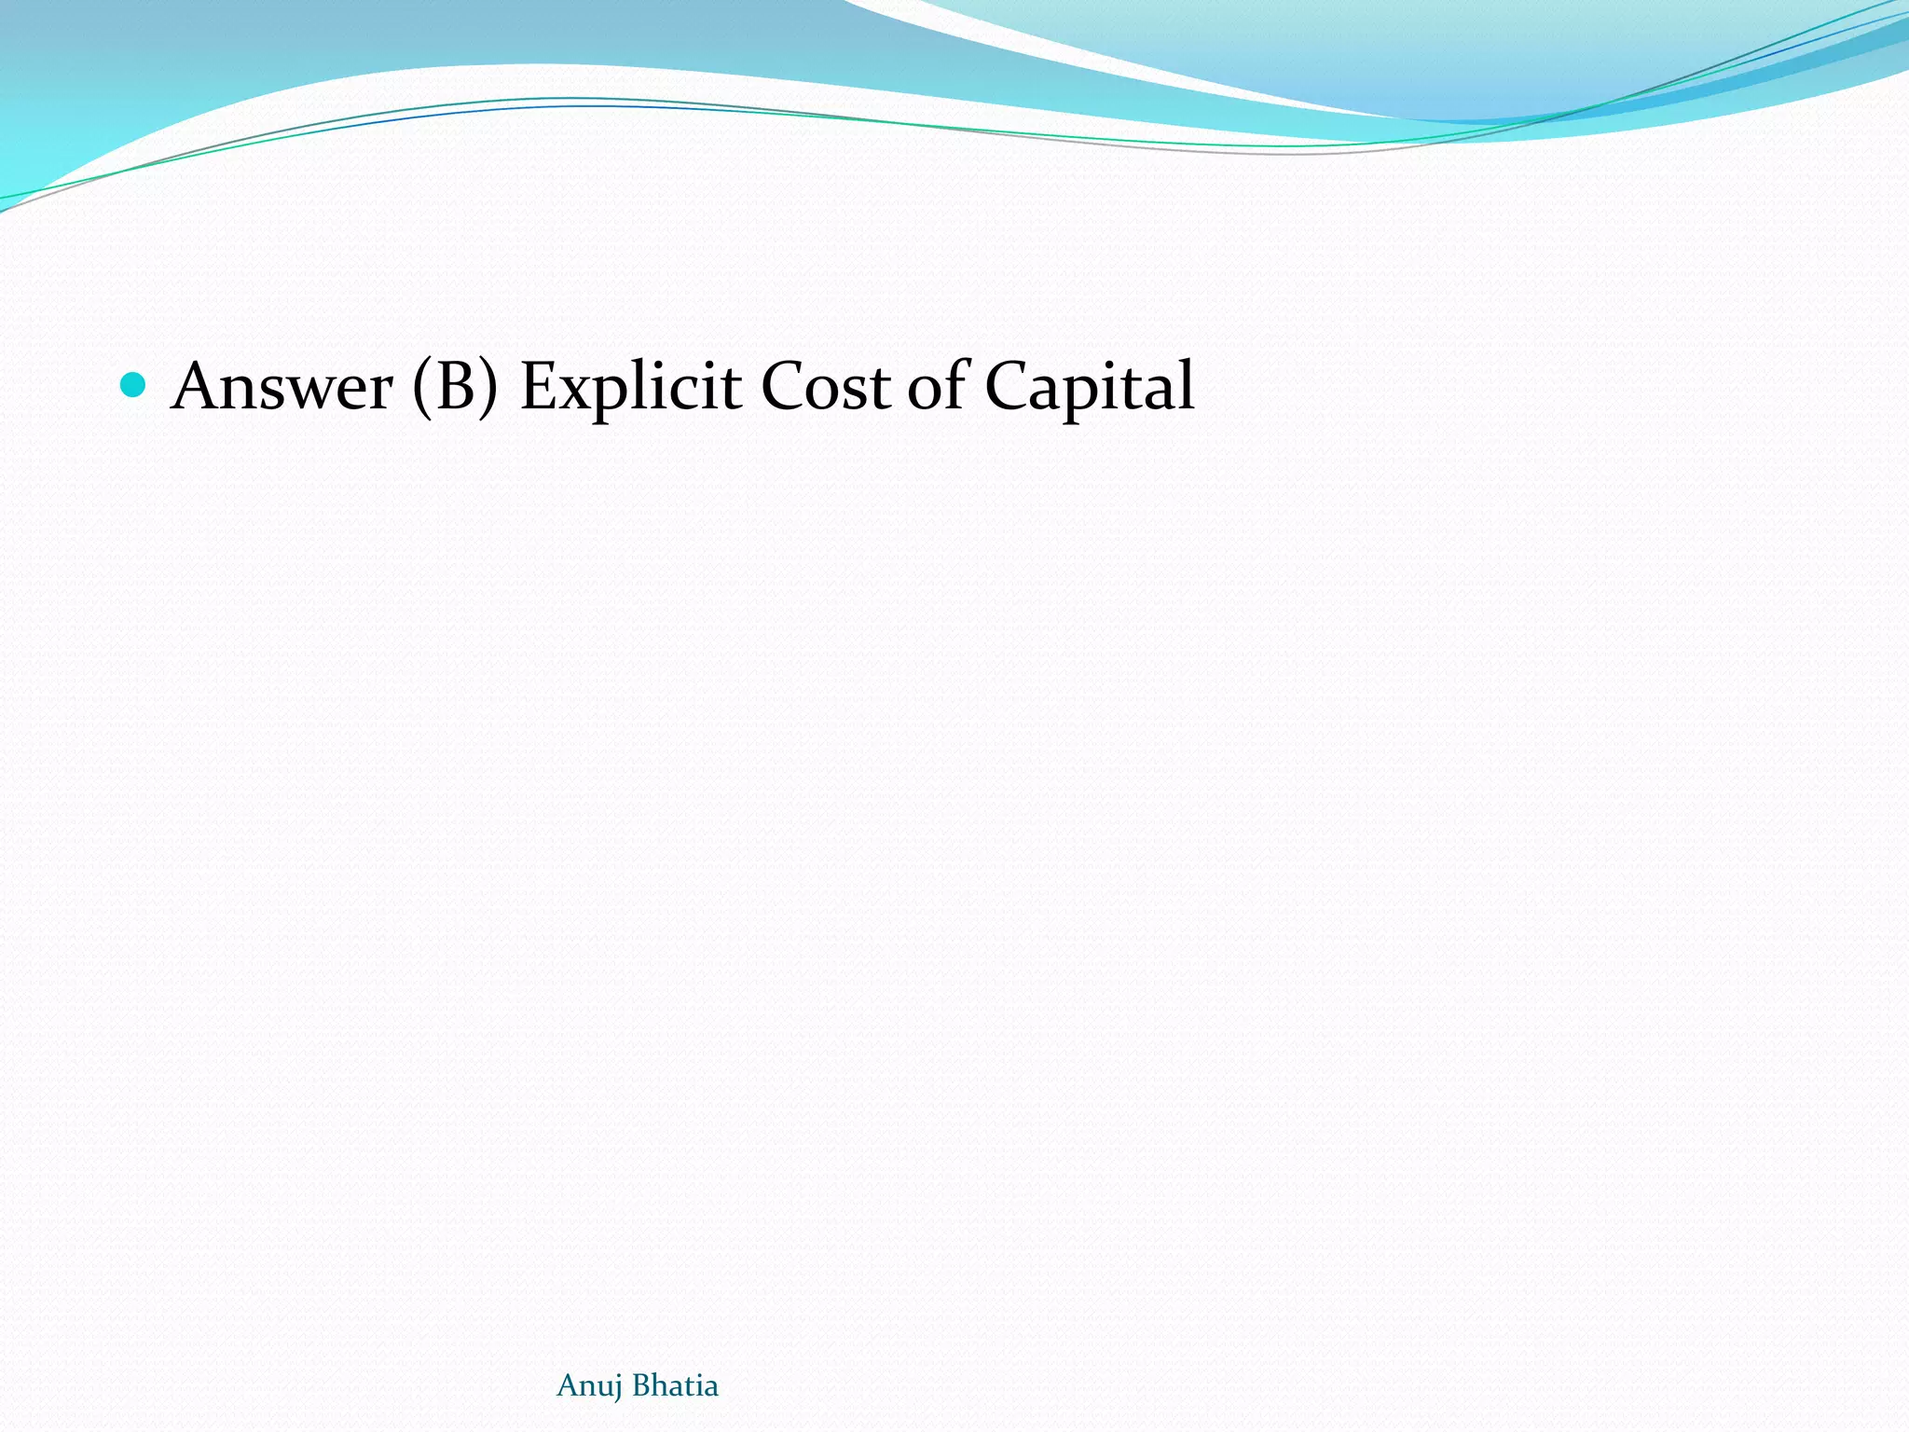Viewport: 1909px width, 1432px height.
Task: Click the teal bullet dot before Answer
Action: coord(133,384)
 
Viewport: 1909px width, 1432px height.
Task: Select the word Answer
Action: coord(282,386)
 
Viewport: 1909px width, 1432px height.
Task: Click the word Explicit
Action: coord(630,388)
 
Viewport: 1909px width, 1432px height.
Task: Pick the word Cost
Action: coord(825,386)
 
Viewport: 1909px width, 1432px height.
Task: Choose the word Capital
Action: coord(1089,388)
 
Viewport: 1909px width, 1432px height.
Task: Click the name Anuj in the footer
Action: coord(589,1386)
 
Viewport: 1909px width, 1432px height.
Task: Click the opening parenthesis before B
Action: coord(422,386)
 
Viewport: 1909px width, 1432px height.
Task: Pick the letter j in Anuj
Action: coord(617,1388)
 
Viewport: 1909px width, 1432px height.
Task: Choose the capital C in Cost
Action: coord(784,386)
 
